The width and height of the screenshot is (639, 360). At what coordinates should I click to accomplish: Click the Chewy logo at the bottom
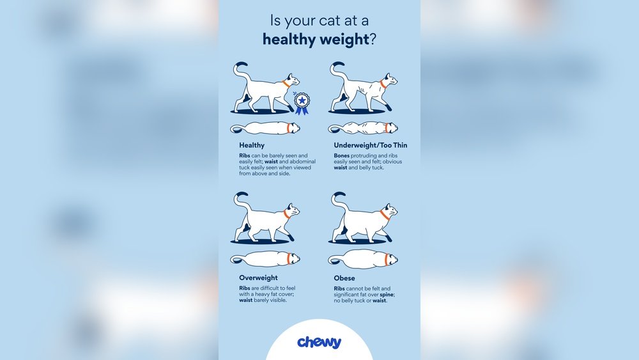(319, 342)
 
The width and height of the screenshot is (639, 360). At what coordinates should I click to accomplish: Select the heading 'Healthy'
(252, 145)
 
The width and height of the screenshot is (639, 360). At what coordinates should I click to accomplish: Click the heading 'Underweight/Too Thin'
(370, 145)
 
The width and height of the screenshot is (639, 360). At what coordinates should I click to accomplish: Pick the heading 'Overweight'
(258, 278)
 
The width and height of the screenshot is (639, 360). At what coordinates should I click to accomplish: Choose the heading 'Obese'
(344, 278)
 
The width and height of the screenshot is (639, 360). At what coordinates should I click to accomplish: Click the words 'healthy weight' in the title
(316, 40)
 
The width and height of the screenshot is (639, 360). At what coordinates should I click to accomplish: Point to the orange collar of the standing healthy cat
(286, 84)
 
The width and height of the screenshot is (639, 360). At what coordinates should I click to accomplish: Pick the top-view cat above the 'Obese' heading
(362, 259)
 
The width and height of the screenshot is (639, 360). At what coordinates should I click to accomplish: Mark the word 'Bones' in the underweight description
(343, 155)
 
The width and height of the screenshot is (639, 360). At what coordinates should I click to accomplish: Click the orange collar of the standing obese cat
(385, 215)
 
